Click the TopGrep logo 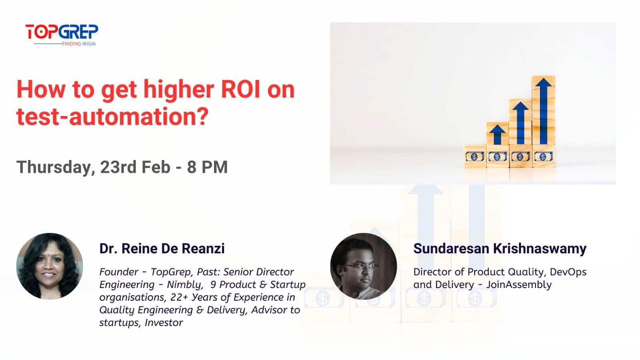tap(62, 32)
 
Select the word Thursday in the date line tap(54, 167)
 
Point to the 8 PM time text tap(207, 167)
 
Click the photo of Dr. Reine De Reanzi tap(50, 266)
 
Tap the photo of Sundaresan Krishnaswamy tap(364, 266)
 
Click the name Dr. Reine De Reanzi tap(162, 248)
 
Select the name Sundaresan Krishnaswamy tap(500, 248)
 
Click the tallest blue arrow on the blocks tap(543, 110)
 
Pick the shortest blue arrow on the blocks tap(497, 134)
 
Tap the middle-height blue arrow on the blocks tap(520, 122)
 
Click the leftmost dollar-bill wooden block tap(474, 156)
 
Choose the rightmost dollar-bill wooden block tap(543, 156)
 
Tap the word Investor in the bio tap(164, 323)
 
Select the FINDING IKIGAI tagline tap(79, 44)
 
